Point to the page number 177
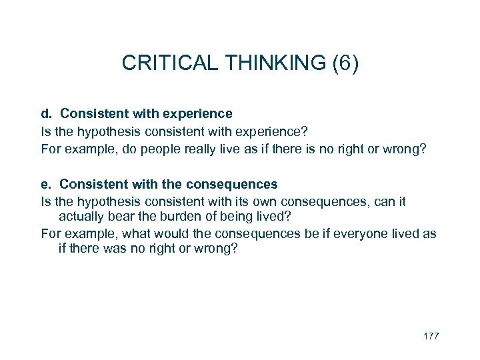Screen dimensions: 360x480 coord(431,335)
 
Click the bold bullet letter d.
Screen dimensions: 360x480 coord(45,113)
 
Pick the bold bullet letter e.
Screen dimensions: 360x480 coord(45,183)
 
